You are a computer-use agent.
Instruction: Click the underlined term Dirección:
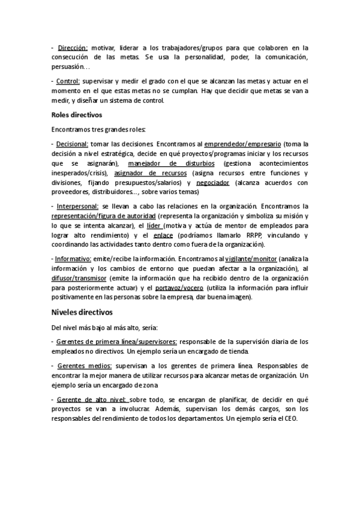click(x=73, y=47)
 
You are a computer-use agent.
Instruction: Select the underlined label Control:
click(x=69, y=81)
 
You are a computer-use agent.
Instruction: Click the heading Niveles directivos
click(x=82, y=312)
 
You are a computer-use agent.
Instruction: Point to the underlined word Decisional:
click(x=72, y=144)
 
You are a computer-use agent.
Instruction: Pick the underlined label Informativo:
click(x=74, y=259)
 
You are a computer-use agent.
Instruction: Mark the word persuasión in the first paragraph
click(x=71, y=67)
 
